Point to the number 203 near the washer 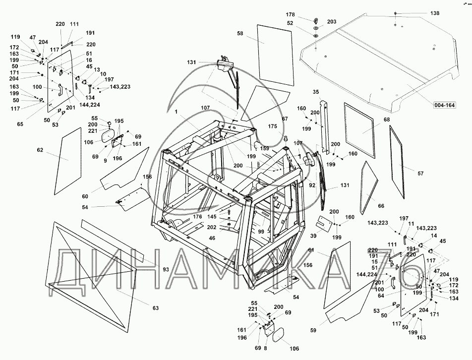tap(332, 22)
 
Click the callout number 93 tap(165, 269)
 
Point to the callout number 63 tap(156, 308)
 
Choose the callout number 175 tap(272, 126)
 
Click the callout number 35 tap(316, 91)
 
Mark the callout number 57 tap(420, 173)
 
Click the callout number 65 tap(20, 124)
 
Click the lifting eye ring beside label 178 tap(315, 21)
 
